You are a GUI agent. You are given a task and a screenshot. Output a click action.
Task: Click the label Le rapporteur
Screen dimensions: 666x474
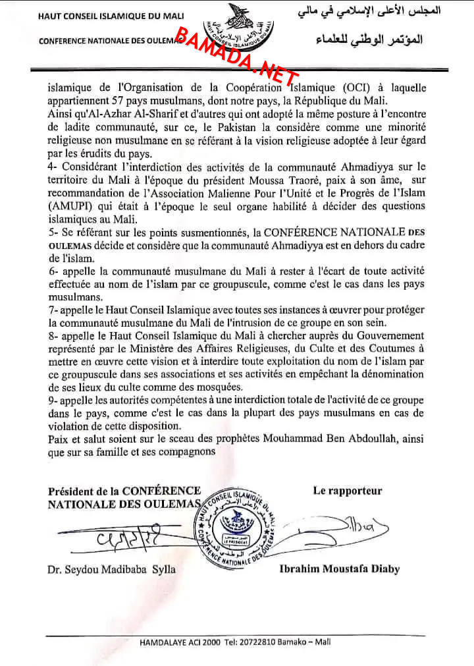pyautogui.click(x=347, y=491)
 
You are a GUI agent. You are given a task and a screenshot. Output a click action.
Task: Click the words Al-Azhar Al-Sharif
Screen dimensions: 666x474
pyautogui.click(x=122, y=115)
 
